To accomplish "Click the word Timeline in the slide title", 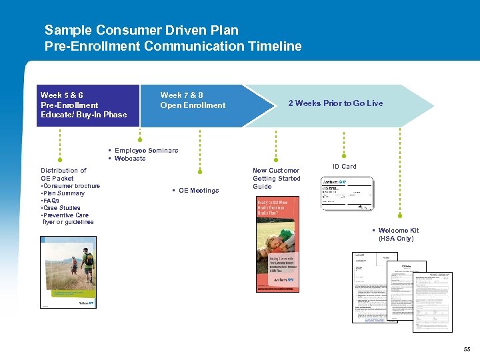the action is point(275,46).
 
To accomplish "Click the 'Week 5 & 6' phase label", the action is point(62,95).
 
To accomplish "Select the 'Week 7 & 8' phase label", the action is point(181,95).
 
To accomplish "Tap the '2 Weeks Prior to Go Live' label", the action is point(335,103).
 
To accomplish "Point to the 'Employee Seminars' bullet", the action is point(146,151).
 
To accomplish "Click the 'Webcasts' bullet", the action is point(130,159).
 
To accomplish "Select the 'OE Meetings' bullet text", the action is point(198,191).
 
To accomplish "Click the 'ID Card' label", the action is point(344,167).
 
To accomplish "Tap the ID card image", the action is point(347,194).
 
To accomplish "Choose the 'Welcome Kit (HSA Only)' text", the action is point(399,235).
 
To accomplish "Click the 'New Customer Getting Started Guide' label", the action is point(276,179).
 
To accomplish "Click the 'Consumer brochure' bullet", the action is point(72,186).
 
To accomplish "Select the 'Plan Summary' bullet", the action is point(64,193).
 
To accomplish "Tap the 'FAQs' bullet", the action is point(51,201).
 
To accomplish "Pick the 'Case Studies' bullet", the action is point(62,208).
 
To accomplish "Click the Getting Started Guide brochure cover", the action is point(278,245).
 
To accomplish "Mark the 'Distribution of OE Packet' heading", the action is point(63,175).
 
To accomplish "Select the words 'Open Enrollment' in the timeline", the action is point(193,105).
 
